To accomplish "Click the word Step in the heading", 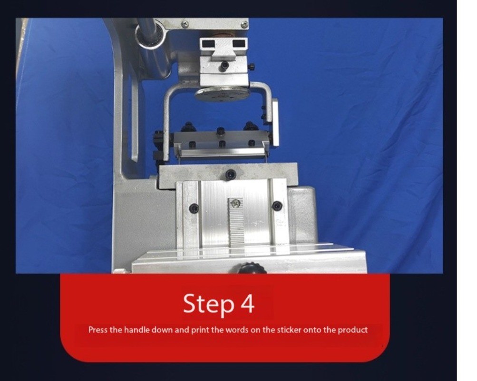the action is (209, 303).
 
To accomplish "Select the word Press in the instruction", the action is (97, 330).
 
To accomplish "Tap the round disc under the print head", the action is (222, 94).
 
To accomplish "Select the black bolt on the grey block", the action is (231, 175).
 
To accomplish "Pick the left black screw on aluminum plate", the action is (194, 209).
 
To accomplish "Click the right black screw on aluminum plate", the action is (277, 206).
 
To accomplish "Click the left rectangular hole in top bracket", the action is (208, 44).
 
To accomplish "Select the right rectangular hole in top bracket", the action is (239, 43).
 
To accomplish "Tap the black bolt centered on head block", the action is (224, 65).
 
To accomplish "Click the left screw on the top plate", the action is (185, 24).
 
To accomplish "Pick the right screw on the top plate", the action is (244, 24).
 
